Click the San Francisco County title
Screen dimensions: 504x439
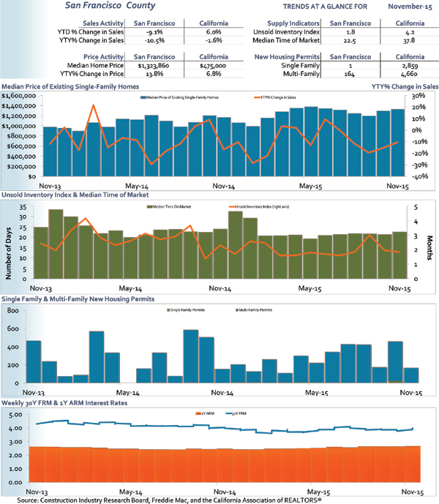(106, 7)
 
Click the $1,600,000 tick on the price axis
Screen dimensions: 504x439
(18, 96)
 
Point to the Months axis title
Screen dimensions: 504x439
(432, 244)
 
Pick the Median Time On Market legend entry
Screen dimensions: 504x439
(170, 208)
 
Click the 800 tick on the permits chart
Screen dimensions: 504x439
(13, 312)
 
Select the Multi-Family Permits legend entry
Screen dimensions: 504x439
(255, 309)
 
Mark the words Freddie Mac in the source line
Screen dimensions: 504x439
(165, 499)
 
